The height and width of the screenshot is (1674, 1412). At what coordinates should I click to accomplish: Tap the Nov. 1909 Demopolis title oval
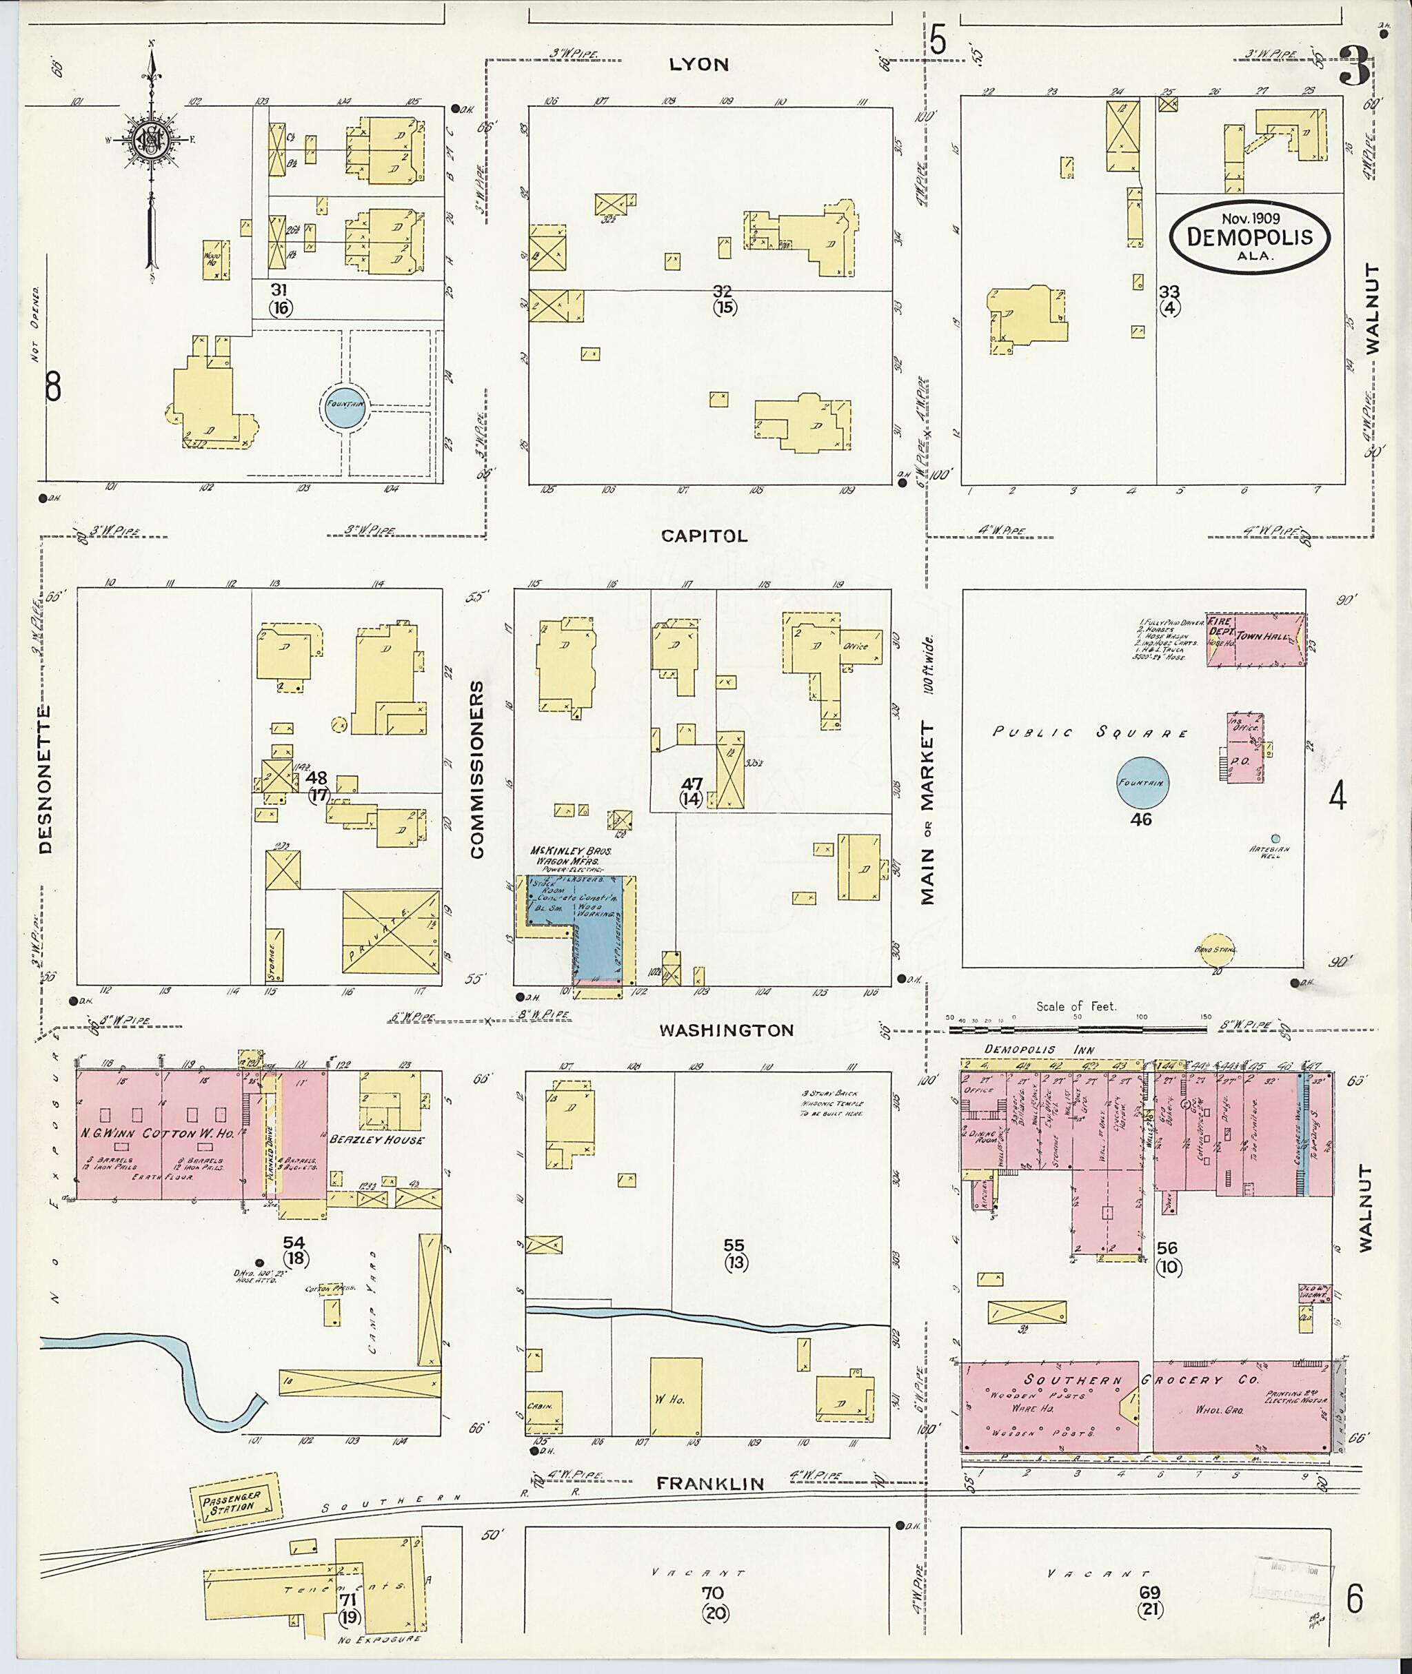(x=1249, y=238)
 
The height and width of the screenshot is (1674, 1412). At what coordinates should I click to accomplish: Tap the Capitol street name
(x=705, y=536)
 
